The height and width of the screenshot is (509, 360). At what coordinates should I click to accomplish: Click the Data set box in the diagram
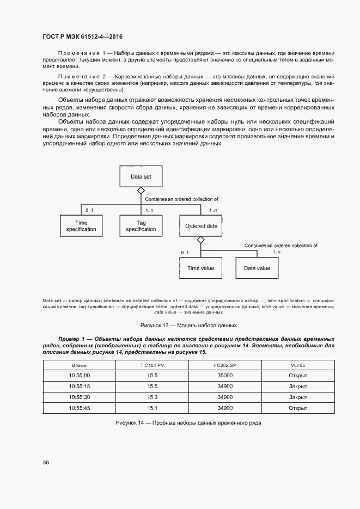tap(140, 176)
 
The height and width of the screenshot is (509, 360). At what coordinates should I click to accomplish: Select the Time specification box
tap(81, 225)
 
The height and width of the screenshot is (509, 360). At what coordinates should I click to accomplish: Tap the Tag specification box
tap(141, 225)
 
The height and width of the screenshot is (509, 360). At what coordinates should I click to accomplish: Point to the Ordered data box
tap(201, 225)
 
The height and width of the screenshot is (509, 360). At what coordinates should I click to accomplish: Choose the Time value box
tap(201, 268)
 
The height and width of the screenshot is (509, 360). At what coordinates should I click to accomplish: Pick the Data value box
tap(257, 268)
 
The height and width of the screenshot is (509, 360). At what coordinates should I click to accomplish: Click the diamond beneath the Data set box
tap(141, 191)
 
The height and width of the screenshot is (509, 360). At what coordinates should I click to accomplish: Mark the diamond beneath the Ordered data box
tap(200, 240)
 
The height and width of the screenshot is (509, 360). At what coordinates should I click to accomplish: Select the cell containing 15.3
tap(152, 397)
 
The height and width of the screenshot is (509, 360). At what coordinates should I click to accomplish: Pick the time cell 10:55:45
tap(80, 407)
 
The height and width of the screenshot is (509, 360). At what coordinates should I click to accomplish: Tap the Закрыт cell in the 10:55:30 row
tap(298, 397)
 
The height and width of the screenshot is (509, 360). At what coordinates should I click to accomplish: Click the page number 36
tap(46, 462)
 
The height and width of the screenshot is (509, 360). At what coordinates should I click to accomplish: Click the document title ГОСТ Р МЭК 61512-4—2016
tap(82, 36)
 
